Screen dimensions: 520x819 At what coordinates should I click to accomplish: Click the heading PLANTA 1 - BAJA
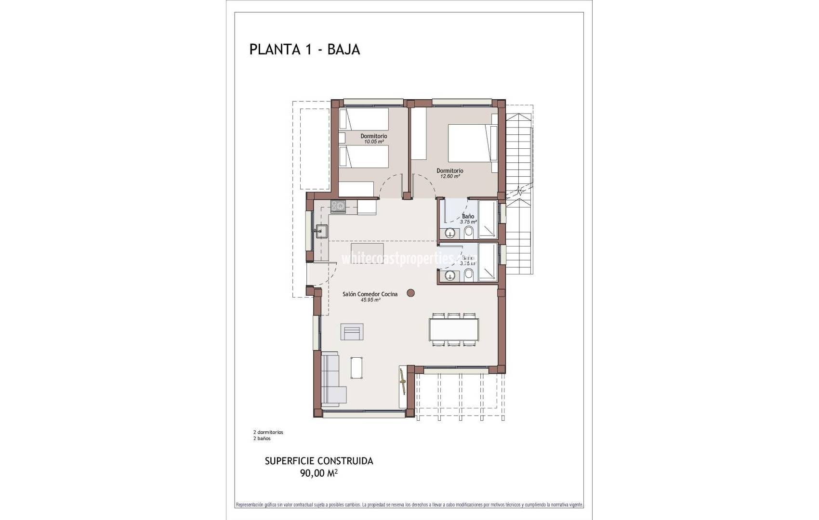304,50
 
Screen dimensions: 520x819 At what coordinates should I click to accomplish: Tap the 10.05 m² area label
373,142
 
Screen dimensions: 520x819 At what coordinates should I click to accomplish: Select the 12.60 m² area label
449,176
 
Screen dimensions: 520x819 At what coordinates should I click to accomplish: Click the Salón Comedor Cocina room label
370,294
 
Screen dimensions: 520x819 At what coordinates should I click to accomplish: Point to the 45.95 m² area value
370,300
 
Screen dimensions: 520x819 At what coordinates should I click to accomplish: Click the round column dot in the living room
410,292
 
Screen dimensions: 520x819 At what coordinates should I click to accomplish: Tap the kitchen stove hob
338,207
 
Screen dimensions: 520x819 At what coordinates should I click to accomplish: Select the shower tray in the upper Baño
488,220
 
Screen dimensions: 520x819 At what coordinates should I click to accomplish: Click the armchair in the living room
352,332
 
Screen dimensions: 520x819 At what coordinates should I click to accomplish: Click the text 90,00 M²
318,473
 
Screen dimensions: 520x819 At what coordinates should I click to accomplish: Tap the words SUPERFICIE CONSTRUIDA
319,461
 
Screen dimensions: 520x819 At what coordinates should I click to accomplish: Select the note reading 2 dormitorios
268,432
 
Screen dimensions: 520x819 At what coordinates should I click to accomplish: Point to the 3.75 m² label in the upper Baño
468,222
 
